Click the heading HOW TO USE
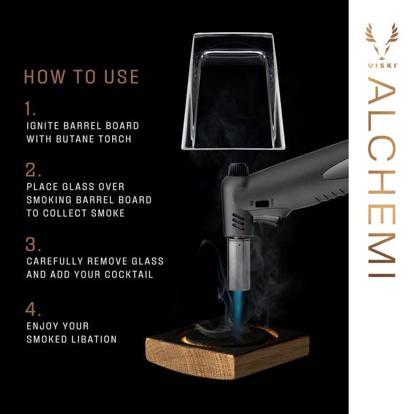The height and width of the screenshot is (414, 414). [81, 76]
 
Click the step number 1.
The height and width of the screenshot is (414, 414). [30, 109]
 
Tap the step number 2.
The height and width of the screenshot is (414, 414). [32, 170]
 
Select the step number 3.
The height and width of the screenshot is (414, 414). [32, 244]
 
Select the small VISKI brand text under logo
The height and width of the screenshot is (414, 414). [382, 64]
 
